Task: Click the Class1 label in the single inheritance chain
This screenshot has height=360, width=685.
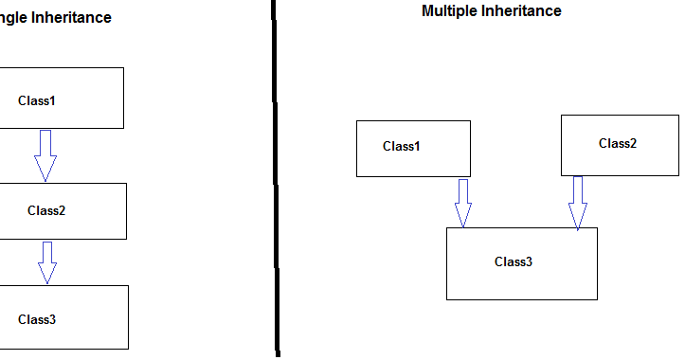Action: pyautogui.click(x=38, y=99)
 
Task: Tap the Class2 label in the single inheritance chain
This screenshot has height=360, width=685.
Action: pyautogui.click(x=46, y=210)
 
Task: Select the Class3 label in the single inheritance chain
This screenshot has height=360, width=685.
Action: pyautogui.click(x=37, y=319)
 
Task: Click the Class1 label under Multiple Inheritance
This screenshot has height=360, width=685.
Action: pyautogui.click(x=401, y=146)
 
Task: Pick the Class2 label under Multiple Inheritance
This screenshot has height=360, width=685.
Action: pyautogui.click(x=618, y=143)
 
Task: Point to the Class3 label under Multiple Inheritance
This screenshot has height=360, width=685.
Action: pyautogui.click(x=514, y=261)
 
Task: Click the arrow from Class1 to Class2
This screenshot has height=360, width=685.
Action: pyautogui.click(x=45, y=153)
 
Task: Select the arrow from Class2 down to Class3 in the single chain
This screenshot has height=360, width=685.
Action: pyautogui.click(x=46, y=261)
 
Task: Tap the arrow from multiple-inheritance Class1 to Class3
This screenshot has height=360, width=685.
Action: pyautogui.click(x=462, y=202)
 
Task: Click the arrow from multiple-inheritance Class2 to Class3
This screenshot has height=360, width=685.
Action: pyautogui.click(x=577, y=202)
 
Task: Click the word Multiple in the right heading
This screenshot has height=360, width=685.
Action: pyautogui.click(x=448, y=11)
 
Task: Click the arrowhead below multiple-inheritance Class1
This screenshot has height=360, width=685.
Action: pyautogui.click(x=462, y=217)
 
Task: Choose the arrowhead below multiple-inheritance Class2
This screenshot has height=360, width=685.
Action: pyautogui.click(x=577, y=219)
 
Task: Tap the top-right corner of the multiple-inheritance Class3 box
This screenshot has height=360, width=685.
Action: pyautogui.click(x=597, y=228)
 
